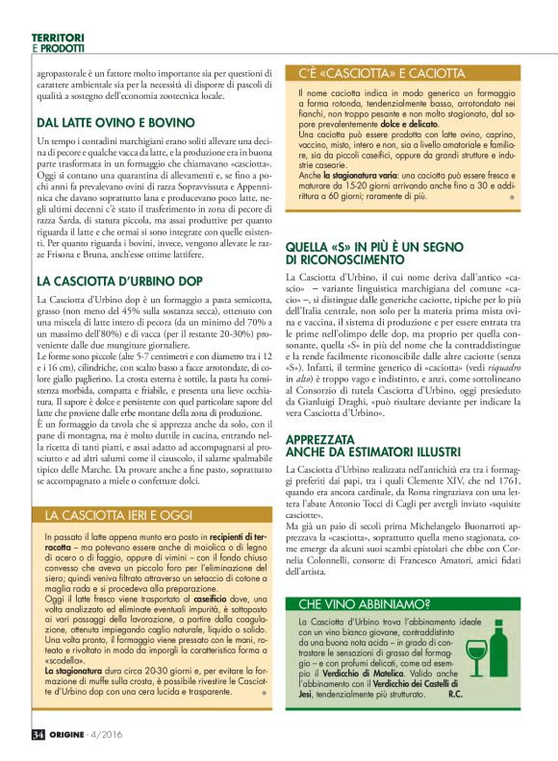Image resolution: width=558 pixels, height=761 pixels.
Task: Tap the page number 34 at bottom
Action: [39, 734]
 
